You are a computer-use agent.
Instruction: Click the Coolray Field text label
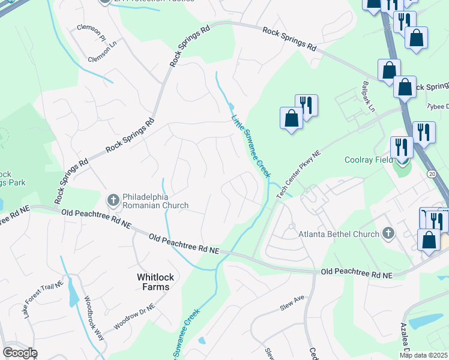pos(369,160)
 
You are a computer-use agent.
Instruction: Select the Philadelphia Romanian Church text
pos(155,201)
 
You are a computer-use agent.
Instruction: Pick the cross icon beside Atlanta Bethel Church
pos(388,233)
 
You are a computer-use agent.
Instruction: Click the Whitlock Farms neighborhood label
pos(154,281)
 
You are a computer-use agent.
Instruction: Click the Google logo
pos(20,353)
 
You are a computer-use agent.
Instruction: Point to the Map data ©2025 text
pos(424,355)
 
